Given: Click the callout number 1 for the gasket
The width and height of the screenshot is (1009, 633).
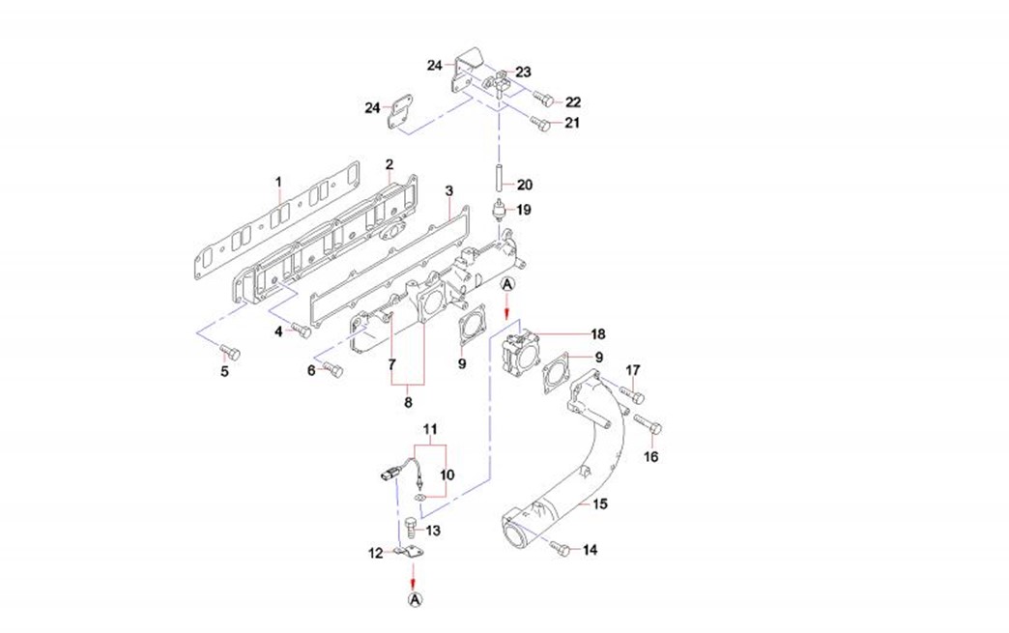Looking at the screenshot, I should pos(277,182).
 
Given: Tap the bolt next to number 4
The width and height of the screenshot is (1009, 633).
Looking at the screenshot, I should pos(302,331).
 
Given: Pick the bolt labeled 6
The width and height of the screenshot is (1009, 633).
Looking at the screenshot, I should pos(332,368).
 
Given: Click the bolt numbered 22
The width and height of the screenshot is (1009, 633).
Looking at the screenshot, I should pos(542,100).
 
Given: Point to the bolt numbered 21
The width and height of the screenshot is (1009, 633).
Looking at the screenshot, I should pos(541,123).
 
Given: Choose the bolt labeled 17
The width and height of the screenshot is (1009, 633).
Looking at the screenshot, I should pos(634,394).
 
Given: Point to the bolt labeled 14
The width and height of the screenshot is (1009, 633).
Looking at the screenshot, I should pos(560,548).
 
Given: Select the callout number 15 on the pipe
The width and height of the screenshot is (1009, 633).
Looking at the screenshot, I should pos(600,504).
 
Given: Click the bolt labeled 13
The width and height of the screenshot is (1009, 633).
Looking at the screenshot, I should pos(410,529).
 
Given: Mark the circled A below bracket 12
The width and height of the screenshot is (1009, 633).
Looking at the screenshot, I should pos(416,600).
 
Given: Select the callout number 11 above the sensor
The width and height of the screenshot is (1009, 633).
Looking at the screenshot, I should pos(430,428).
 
